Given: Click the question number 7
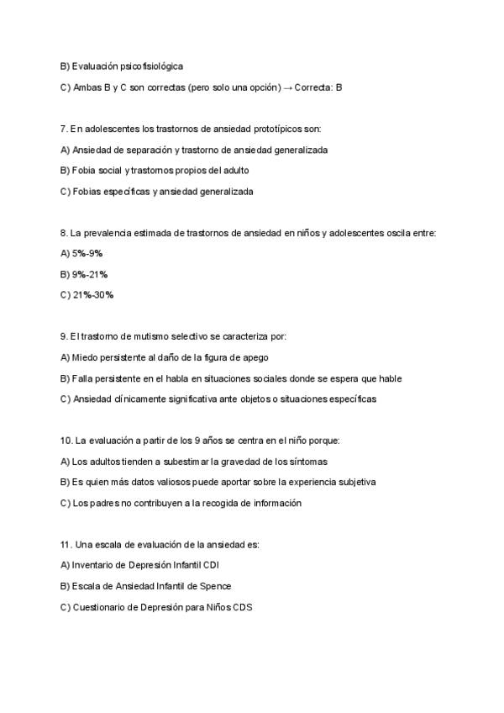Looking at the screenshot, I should pos(64,129).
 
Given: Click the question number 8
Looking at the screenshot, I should pos(64,232).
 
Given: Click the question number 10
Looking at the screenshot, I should pos(66,441).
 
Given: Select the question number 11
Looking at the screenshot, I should pos(66,544).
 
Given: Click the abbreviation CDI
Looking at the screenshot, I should pos(213,565).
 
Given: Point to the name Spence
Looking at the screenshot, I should pos(217,586).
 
